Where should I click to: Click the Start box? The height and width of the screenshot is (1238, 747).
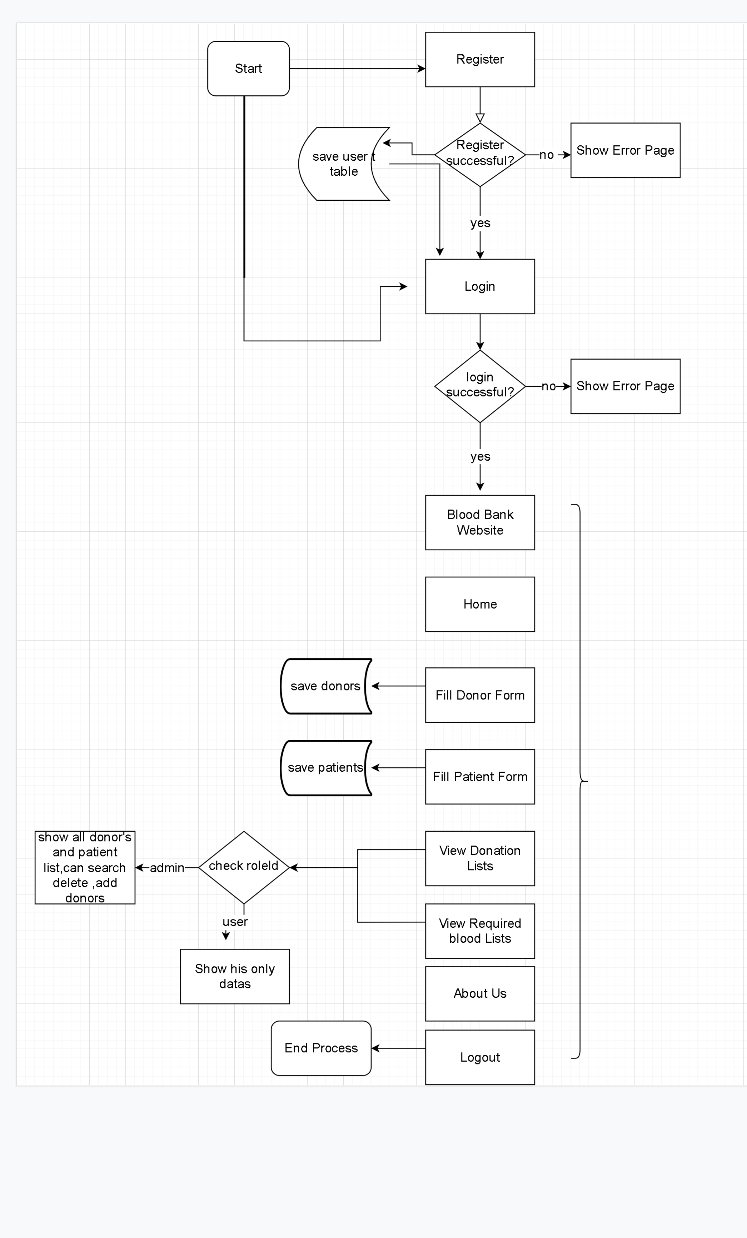(x=248, y=68)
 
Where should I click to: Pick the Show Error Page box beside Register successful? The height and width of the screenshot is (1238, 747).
(x=625, y=150)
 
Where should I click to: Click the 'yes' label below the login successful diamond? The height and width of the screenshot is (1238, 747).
(x=480, y=456)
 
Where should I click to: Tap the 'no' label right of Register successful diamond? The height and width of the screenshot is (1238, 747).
(x=547, y=155)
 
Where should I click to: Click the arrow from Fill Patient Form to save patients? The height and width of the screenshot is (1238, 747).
(x=398, y=767)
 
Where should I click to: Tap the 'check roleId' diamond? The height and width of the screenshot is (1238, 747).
(x=244, y=867)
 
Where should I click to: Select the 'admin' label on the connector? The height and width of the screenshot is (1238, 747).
(x=167, y=868)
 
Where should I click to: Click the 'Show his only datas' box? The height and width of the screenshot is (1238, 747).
(x=235, y=976)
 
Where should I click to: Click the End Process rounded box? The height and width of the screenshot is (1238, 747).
(x=321, y=1048)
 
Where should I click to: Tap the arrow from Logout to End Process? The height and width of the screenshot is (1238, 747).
(x=398, y=1048)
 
